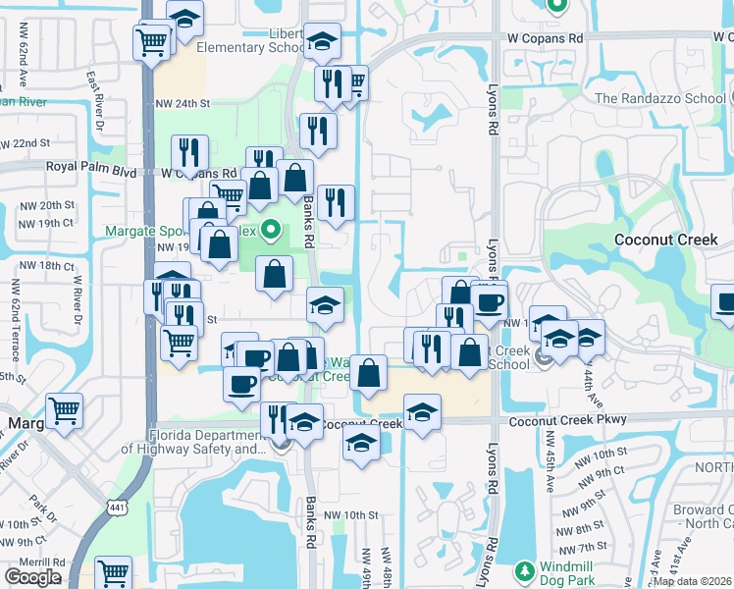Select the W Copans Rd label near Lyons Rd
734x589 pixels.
click(545, 37)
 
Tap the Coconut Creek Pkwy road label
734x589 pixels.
click(568, 420)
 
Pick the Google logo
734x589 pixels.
click(32, 578)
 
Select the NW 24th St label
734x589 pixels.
click(183, 103)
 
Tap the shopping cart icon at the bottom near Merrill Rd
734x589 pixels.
click(114, 571)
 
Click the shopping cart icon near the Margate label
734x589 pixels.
click(64, 409)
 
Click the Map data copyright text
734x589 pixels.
click(693, 581)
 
